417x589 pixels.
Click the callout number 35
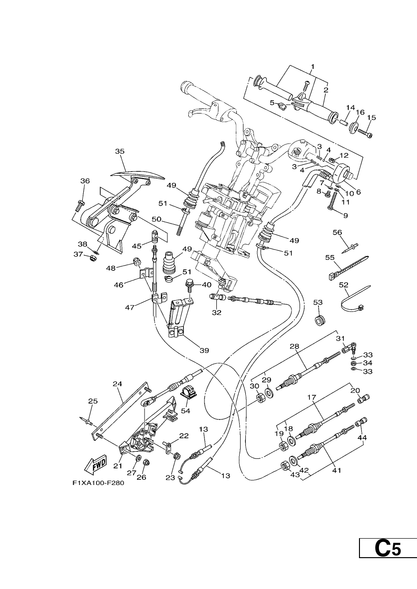(x=120, y=152)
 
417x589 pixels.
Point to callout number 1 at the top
(x=313, y=66)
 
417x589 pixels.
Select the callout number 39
(x=204, y=350)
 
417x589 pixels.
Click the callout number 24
(x=117, y=384)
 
